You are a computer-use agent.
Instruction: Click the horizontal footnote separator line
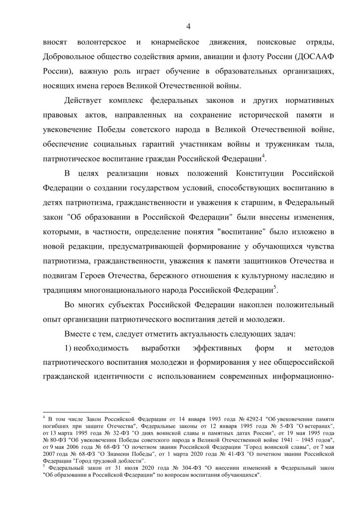click(x=86, y=412)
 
